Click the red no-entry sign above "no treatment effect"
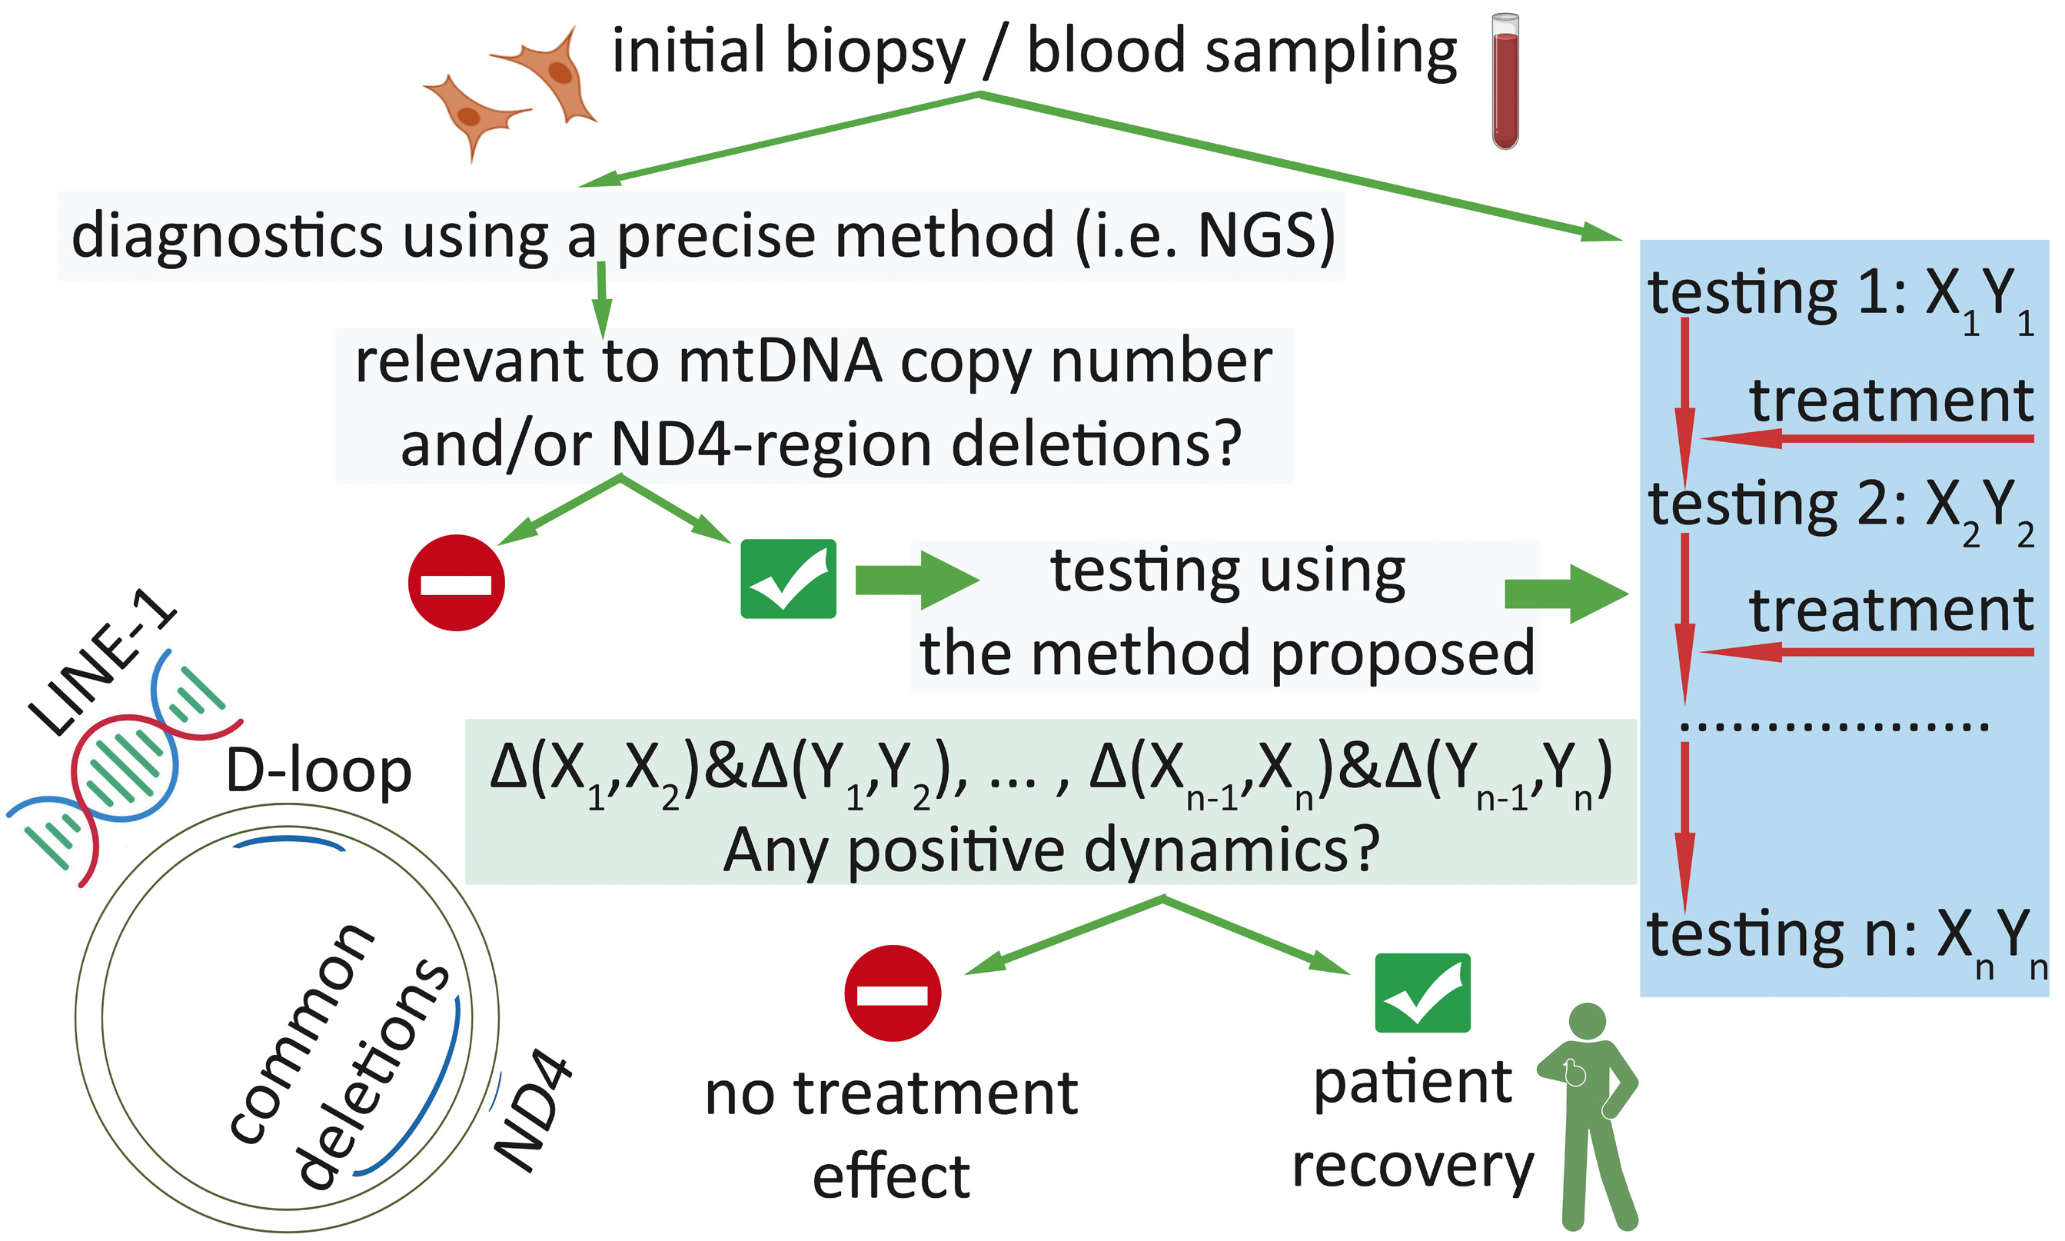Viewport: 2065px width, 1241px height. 892,993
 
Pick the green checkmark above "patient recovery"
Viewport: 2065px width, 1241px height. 1422,993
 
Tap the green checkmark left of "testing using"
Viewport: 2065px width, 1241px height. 787,579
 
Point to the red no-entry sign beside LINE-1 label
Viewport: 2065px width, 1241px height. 456,582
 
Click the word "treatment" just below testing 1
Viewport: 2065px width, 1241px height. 1891,401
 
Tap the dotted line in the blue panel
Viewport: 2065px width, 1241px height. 1834,726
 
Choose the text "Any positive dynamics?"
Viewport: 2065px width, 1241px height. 1050,850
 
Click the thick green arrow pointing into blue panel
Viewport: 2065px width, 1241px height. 1565,594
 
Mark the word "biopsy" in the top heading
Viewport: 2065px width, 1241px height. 874,52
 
